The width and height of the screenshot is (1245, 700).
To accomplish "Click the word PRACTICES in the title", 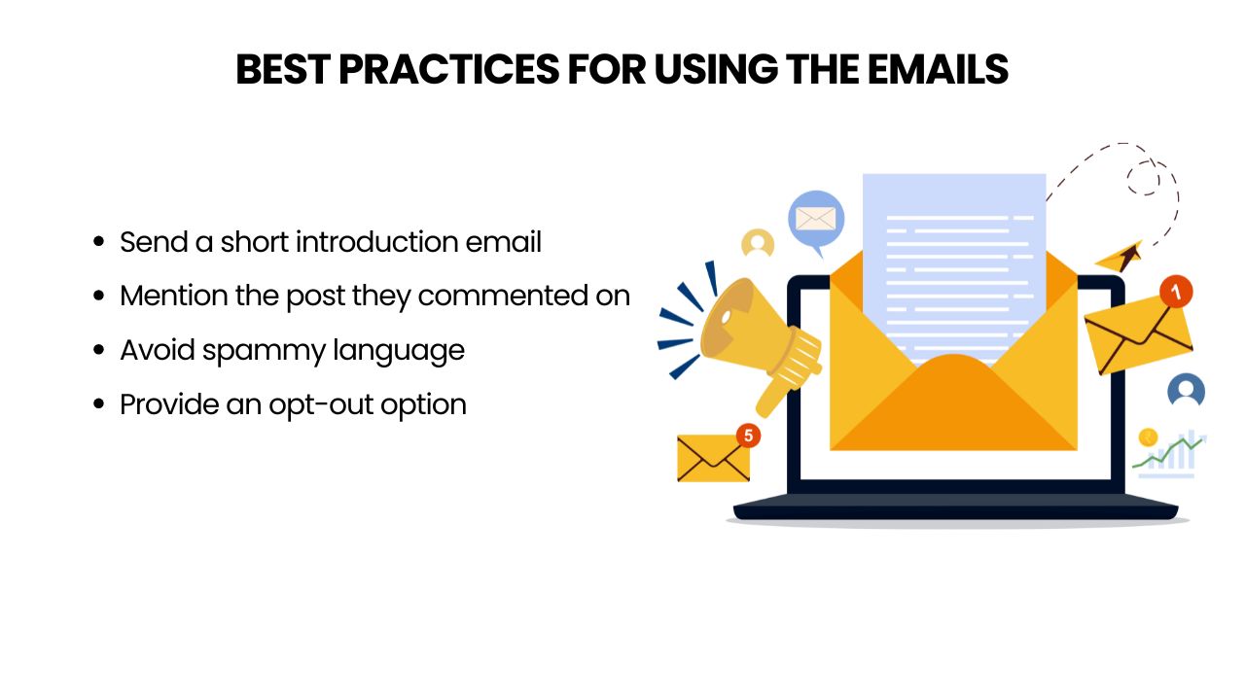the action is click(448, 70).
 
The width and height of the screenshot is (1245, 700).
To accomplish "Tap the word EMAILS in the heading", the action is click(938, 70).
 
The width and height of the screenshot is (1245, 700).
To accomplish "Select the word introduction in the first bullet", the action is click(376, 242).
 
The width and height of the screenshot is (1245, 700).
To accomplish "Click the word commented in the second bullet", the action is click(503, 297).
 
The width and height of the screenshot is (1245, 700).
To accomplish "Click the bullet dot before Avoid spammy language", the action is click(99, 350).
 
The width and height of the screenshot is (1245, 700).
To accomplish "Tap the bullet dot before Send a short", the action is click(99, 242).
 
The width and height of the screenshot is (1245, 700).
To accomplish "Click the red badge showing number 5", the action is click(748, 436).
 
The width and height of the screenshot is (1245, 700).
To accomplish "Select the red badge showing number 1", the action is click(1176, 292).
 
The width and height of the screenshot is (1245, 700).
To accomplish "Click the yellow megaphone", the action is click(760, 343).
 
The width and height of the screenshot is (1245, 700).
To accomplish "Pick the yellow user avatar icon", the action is click(758, 243).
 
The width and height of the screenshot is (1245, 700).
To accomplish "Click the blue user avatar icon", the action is click(1186, 390).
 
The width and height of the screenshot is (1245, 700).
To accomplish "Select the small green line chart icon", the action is click(1168, 453).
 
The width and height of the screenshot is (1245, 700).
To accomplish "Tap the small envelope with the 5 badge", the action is click(714, 458).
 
